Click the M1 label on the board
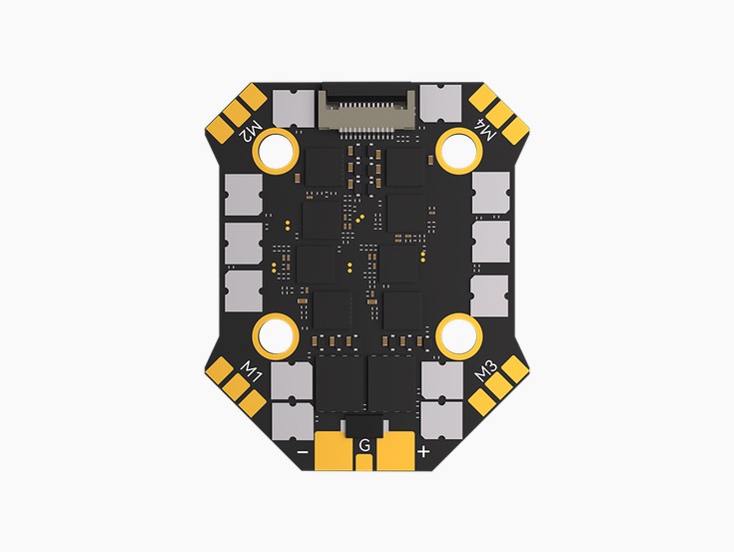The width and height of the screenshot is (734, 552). click(251, 371)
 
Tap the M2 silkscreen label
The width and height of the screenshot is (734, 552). click(251, 132)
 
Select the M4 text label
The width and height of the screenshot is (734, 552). click(485, 130)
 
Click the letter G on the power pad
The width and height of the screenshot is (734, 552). click(365, 445)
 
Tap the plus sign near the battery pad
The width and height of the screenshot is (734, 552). click(423, 451)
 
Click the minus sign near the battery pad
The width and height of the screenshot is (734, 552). click(303, 452)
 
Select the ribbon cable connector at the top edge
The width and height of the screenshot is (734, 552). click(367, 111)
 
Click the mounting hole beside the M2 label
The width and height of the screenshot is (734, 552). click(276, 152)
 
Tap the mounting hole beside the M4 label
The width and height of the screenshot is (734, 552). click(459, 151)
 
